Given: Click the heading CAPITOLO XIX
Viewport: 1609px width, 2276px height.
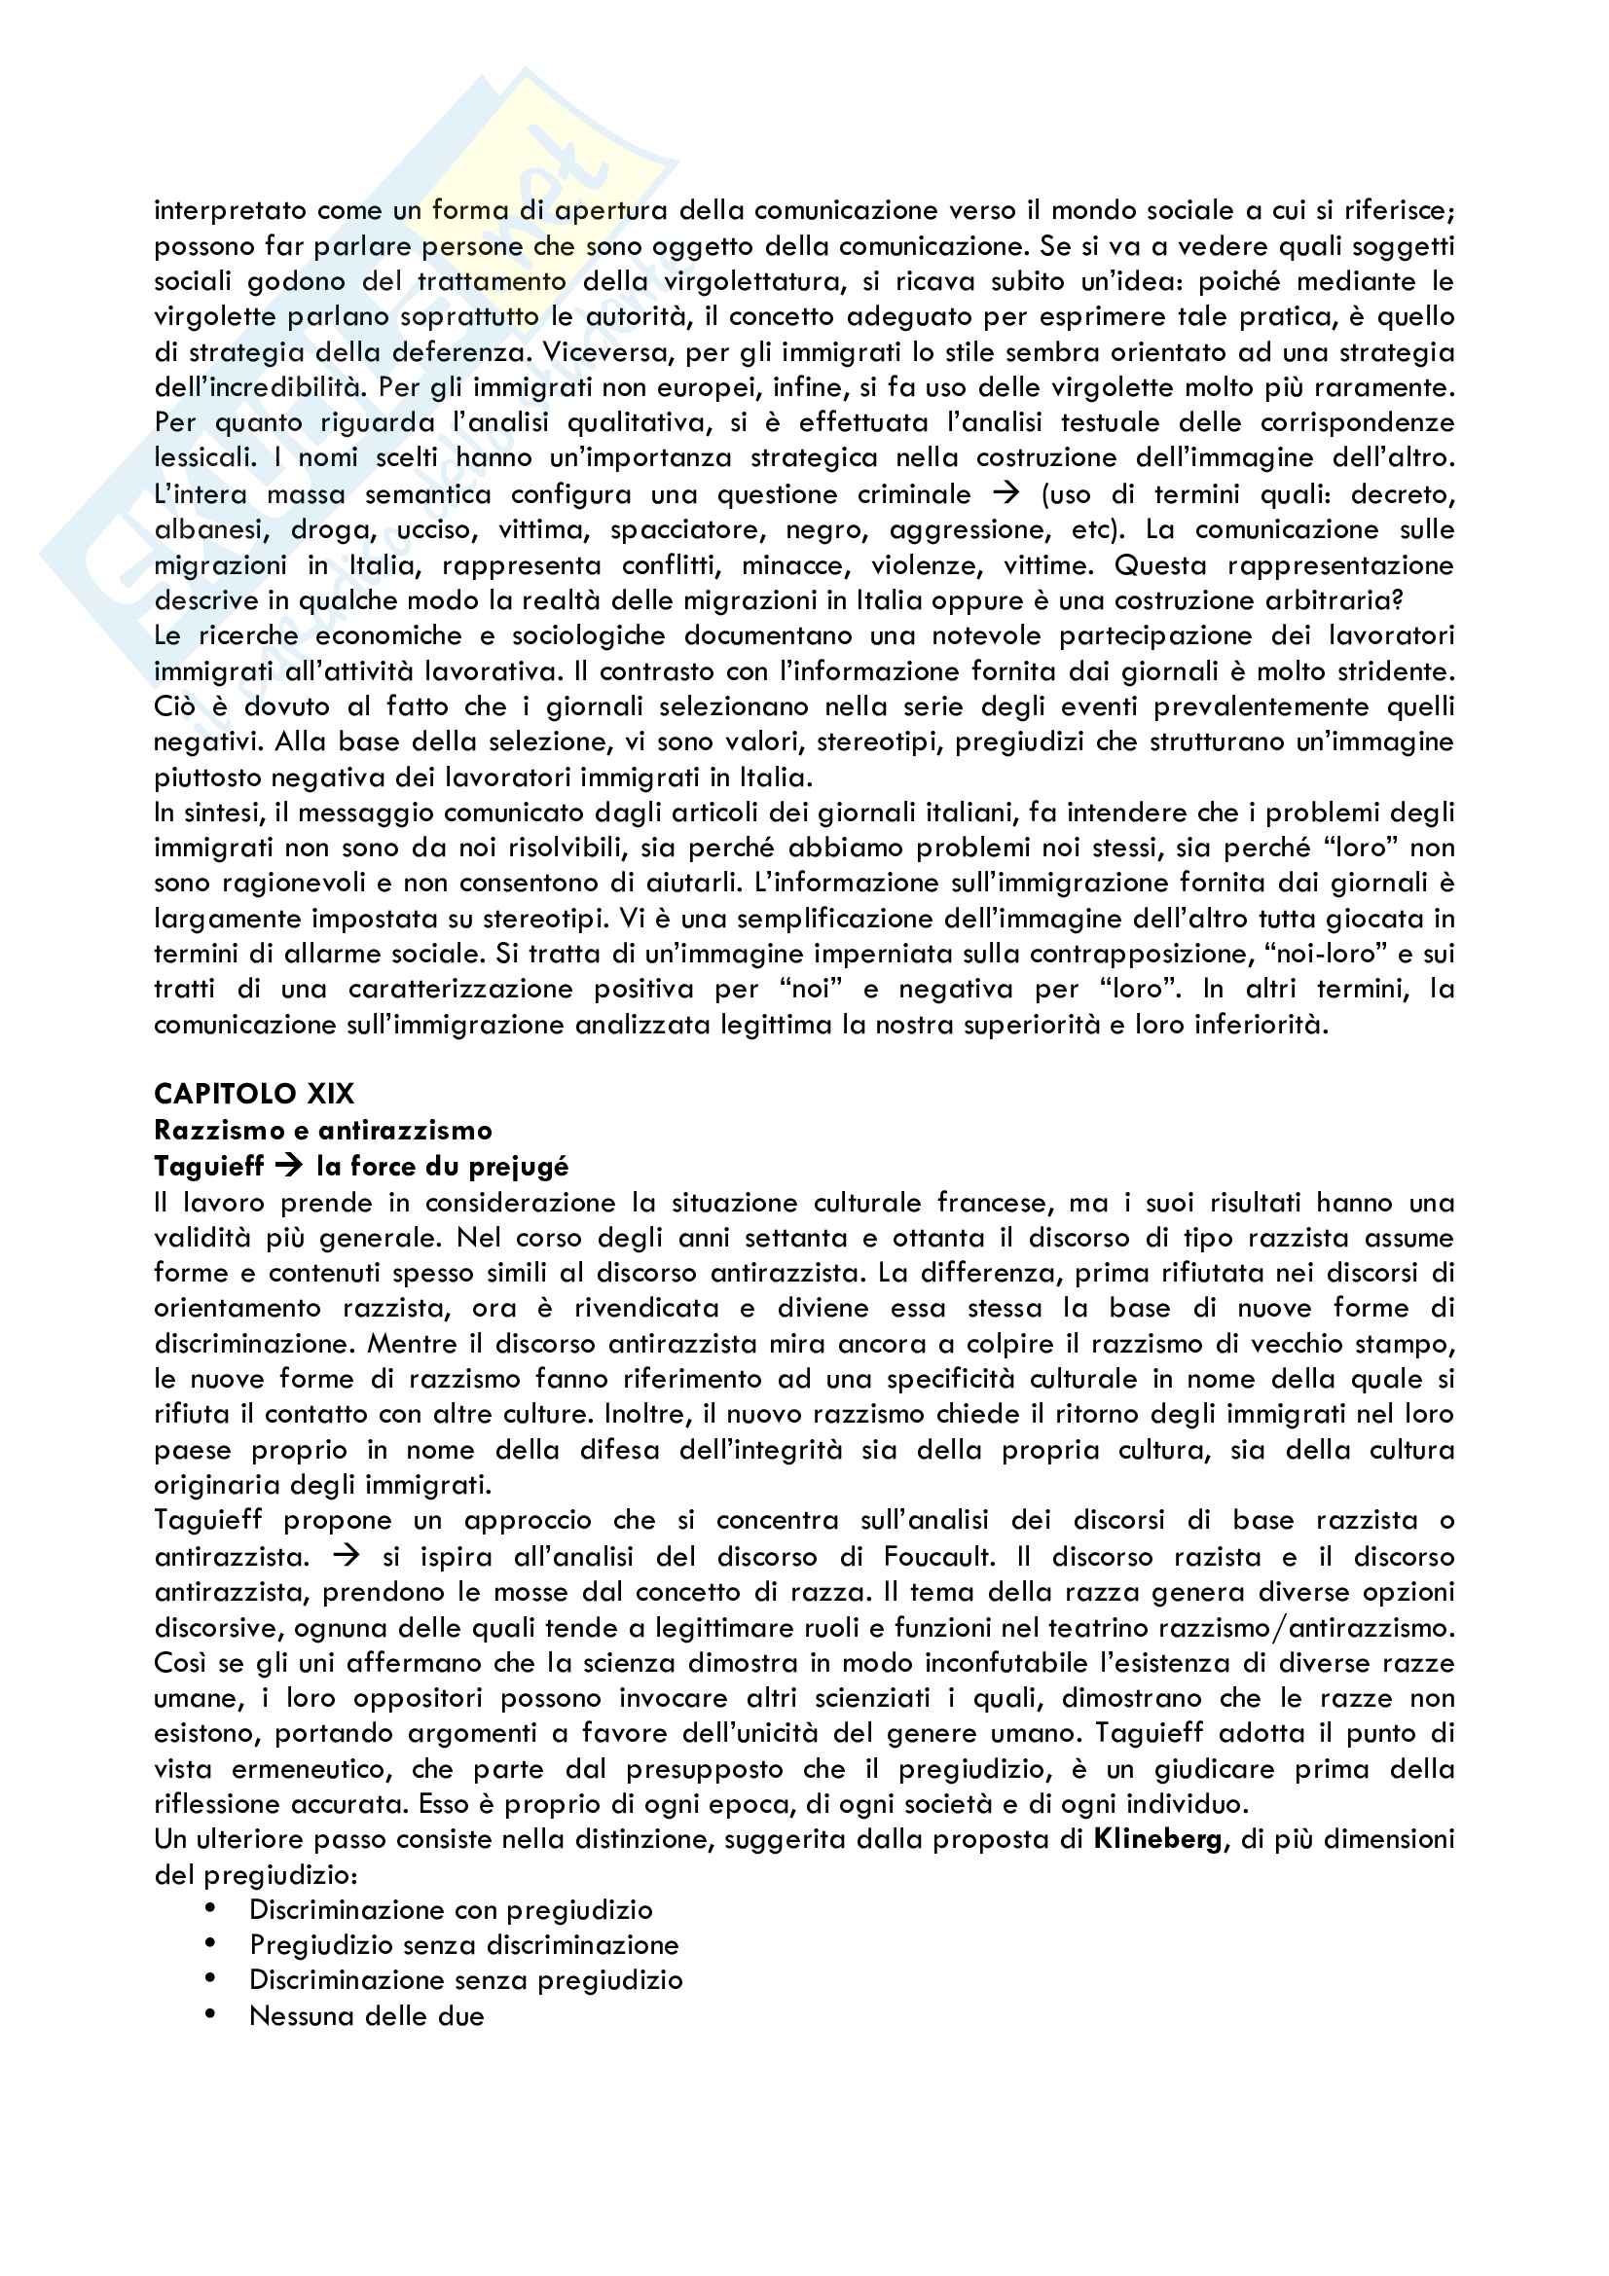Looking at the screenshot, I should [x=254, y=1094].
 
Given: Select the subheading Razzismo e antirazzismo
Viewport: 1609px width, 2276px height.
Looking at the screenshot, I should [x=323, y=1130].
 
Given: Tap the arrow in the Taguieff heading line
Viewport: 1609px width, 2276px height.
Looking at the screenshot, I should [x=288, y=1166].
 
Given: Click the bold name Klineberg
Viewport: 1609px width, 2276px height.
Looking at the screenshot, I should [x=1158, y=1839].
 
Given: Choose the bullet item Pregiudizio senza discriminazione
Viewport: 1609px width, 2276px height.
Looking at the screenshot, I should [x=464, y=1944].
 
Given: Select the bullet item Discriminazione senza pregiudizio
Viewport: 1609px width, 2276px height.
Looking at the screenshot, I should [x=466, y=1979].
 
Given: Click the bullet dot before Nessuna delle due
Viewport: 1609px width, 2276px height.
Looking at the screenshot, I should [x=210, y=2014].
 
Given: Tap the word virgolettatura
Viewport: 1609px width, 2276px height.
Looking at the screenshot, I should [x=752, y=281].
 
